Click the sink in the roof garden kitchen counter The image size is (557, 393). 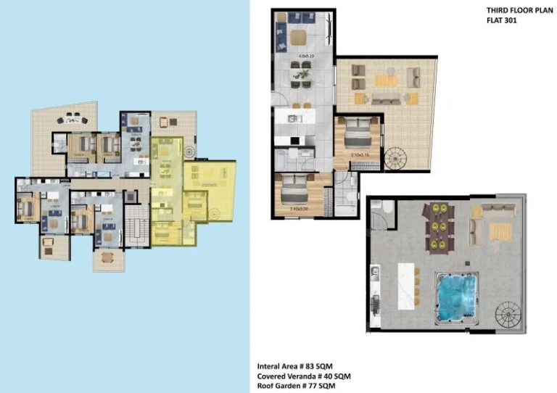point(375,273)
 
